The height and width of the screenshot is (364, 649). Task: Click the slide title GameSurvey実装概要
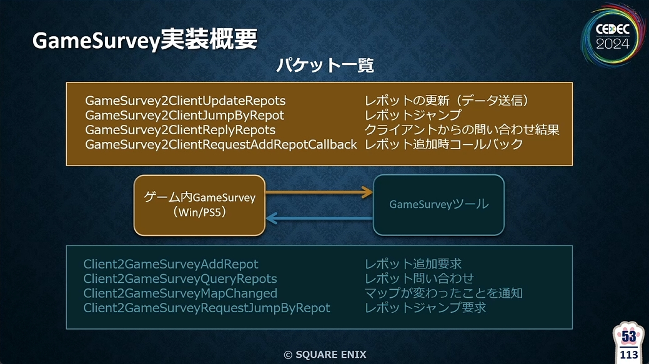pos(144,40)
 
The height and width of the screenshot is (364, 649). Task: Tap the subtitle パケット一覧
pos(324,65)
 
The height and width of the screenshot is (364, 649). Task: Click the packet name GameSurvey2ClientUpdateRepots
pos(185,101)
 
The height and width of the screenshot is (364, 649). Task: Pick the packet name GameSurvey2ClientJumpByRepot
pos(184,115)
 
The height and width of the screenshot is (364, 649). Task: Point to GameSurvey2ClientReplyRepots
pos(180,130)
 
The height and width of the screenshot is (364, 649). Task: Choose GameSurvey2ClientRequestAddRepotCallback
pos(220,144)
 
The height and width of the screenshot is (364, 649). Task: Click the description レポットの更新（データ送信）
pos(447,101)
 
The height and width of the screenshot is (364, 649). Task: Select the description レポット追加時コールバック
pos(443,144)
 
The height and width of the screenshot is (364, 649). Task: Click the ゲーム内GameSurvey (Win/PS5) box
pos(200,205)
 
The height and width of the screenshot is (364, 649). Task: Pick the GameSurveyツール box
pos(438,205)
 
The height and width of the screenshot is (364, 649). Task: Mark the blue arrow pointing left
pos(319,217)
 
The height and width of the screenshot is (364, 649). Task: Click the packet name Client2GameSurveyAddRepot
pos(171,264)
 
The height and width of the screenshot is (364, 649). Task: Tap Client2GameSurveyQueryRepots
pos(180,278)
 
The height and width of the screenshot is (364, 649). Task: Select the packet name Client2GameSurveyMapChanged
pos(180,293)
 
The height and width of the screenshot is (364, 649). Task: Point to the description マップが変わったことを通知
pos(443,293)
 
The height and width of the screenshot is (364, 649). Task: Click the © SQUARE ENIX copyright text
pos(325,355)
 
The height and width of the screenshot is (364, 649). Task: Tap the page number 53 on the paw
pos(629,337)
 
